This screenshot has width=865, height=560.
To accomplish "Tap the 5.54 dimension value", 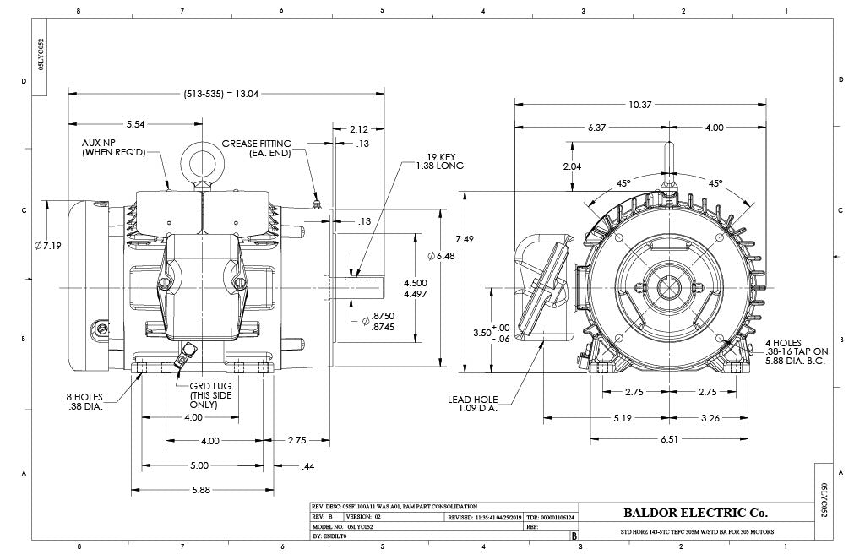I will coord(135,124).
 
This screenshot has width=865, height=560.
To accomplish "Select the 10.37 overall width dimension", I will coord(639,105).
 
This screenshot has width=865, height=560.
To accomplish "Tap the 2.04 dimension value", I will coord(572,166).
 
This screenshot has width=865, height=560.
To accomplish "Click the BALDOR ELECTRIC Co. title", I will coord(694,512).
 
